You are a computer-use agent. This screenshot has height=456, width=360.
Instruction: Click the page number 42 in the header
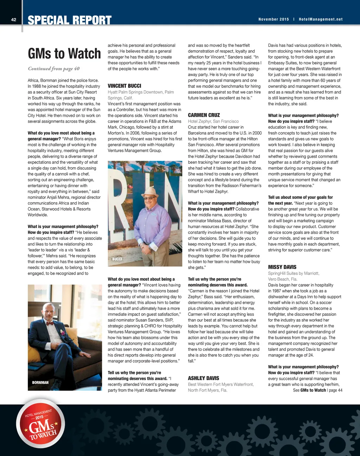point(14,20)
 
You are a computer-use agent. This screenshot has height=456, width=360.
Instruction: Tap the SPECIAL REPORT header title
point(70,20)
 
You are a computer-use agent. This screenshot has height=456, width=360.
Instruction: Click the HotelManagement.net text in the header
point(321,19)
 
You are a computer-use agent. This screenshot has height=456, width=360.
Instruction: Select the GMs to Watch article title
point(64,54)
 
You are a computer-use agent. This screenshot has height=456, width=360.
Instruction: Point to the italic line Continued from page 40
point(54,69)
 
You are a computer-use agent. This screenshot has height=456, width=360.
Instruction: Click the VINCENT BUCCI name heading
point(124,86)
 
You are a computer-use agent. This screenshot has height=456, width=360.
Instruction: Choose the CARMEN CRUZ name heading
point(204,115)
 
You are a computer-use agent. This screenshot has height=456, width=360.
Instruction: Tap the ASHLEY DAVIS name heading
point(204,378)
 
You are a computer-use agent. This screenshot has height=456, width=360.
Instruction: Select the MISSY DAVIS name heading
point(282,267)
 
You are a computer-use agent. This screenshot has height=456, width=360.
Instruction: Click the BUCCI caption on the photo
point(117,259)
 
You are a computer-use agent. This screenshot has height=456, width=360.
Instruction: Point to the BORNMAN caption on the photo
point(40,382)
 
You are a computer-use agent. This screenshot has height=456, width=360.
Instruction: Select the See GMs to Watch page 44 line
point(317,390)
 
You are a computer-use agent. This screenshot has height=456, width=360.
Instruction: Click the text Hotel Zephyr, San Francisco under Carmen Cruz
point(213,121)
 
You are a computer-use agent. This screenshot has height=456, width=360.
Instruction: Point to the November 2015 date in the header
point(274,19)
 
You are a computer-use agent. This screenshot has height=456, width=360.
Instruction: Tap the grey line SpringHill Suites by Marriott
point(294,273)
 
